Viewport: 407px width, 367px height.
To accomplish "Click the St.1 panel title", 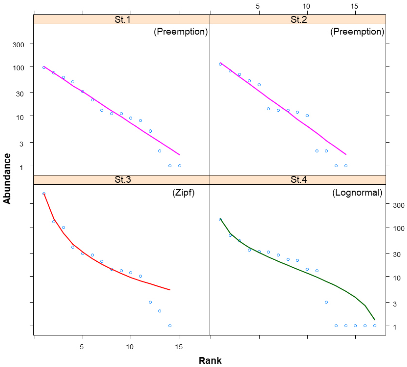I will [122, 20].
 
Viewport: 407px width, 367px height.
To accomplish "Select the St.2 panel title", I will [298, 20].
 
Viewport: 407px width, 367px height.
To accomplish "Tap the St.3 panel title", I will [122, 180].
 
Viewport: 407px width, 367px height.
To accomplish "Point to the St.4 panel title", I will [298, 180].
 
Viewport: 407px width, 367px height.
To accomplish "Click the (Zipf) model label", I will [183, 193].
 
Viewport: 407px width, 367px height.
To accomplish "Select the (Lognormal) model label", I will [357, 193].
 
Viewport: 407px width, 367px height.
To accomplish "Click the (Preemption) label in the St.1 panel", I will [181, 32].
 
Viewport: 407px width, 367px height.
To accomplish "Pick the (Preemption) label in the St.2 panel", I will [357, 32].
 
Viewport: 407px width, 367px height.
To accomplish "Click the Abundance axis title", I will [7, 179].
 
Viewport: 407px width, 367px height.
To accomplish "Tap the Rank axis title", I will [210, 360].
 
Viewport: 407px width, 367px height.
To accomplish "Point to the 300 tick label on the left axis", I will [18, 45].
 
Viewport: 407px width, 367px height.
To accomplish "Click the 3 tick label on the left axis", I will [21, 144].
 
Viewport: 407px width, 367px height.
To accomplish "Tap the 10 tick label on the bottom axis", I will [130, 347].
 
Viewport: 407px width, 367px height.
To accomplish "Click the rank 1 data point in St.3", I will [44, 194].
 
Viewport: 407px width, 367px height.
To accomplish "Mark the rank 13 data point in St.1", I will [160, 151].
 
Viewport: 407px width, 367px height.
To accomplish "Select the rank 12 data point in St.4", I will [326, 302].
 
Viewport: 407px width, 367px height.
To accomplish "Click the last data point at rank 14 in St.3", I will [170, 326].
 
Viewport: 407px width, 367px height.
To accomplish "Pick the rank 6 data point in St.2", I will [268, 109].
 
